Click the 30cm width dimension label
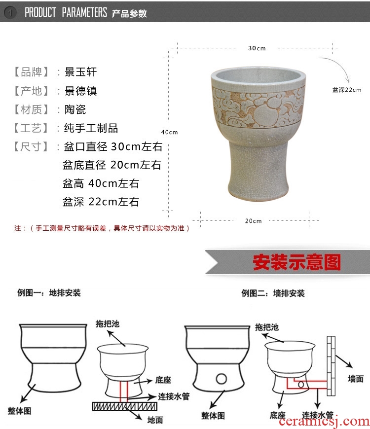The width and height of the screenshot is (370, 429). (257, 48)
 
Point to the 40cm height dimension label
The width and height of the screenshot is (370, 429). (169, 132)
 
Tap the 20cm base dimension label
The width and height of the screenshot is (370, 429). (253, 221)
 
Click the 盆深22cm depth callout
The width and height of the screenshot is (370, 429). (347, 90)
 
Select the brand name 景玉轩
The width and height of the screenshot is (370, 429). (81, 72)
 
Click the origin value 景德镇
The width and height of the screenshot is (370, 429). (81, 91)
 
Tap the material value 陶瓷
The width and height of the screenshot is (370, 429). (75, 109)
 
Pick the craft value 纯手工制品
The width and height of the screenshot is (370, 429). (91, 128)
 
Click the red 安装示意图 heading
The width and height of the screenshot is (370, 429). (296, 262)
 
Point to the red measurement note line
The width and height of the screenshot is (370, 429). (102, 228)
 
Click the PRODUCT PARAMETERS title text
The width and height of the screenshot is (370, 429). (66, 12)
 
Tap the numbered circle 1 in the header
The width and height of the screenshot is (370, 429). (10, 12)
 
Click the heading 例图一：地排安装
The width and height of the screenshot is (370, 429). (49, 293)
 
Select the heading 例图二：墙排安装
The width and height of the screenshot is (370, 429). (273, 293)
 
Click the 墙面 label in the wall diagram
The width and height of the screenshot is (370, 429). (356, 379)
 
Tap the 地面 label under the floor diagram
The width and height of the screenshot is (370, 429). (155, 420)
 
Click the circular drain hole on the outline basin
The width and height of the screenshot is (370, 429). (221, 379)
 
